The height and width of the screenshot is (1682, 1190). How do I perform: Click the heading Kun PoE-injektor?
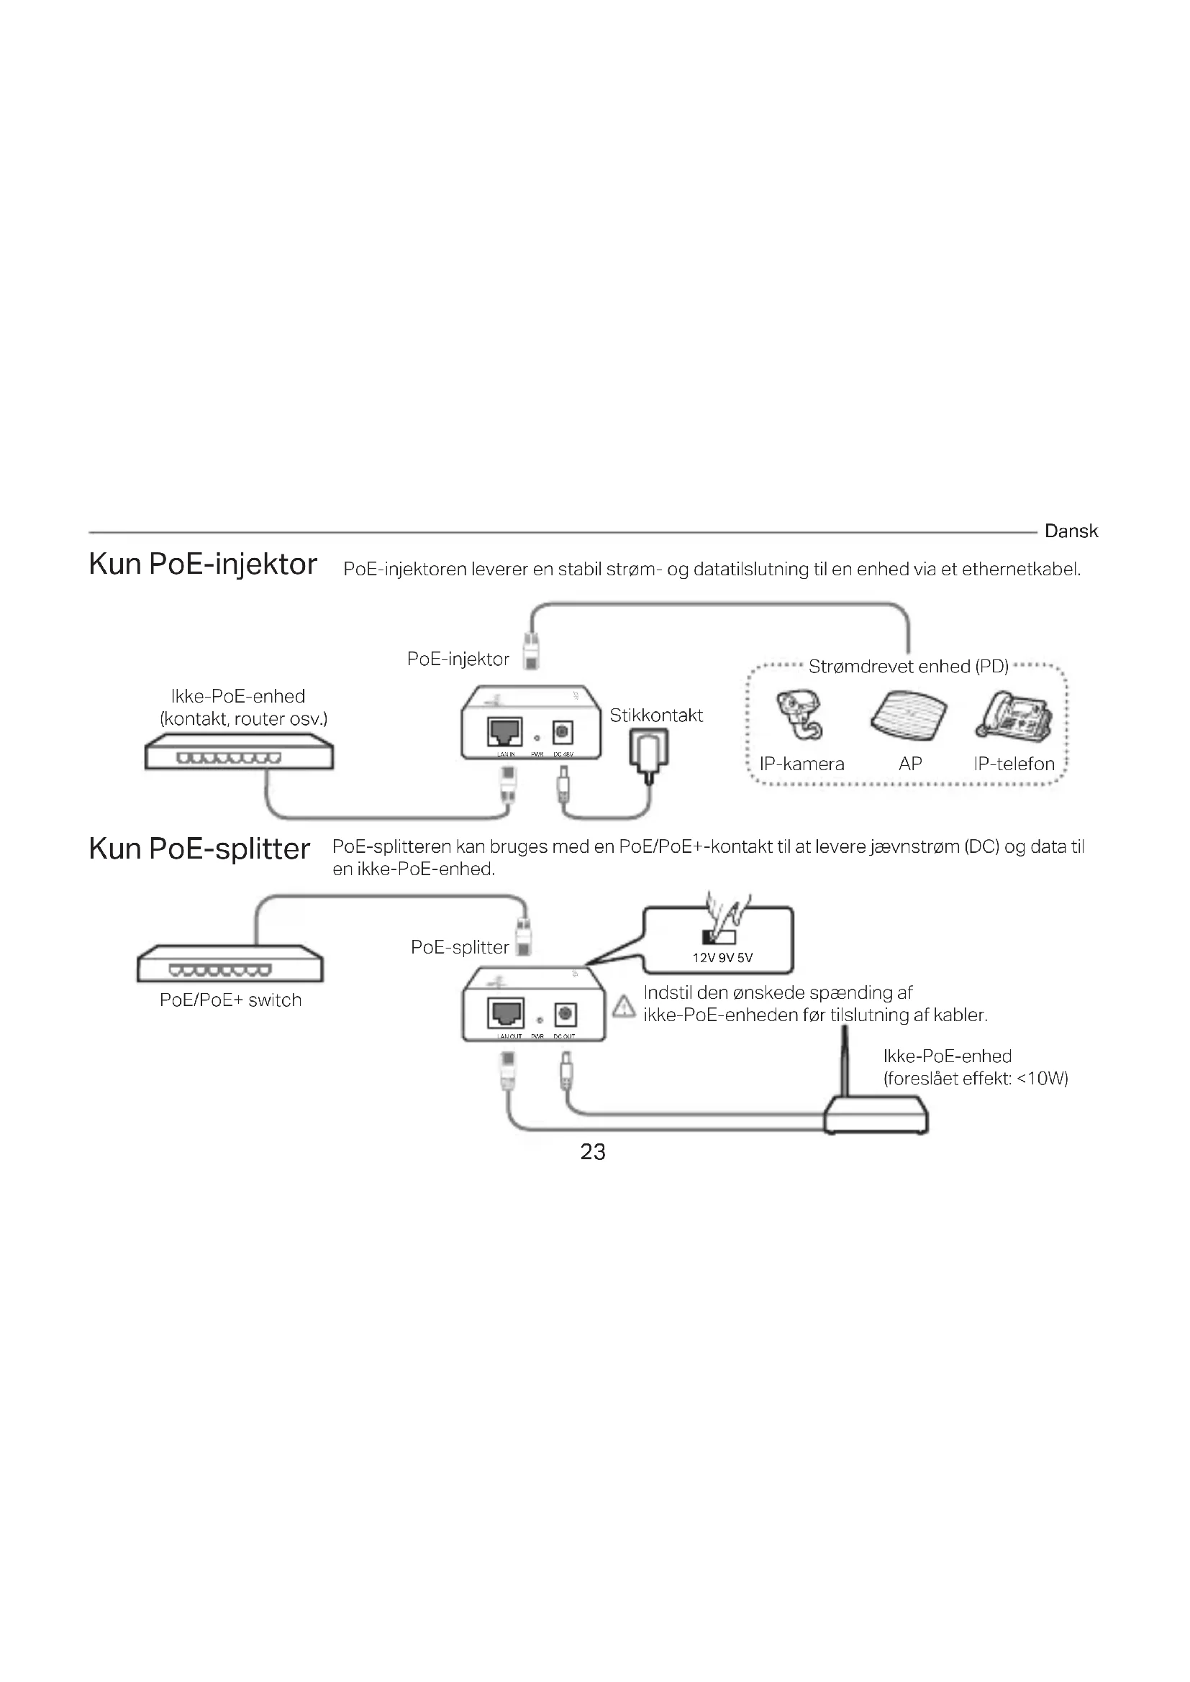pos(202,565)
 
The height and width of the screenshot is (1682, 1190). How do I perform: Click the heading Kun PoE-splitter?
pos(199,849)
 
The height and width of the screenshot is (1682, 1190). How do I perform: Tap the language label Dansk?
pos(1071,531)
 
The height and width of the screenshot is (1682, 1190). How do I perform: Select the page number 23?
pos(593,1151)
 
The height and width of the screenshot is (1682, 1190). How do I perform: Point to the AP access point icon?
pos(909,715)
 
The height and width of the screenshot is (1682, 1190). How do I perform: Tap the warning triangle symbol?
pos(624,1007)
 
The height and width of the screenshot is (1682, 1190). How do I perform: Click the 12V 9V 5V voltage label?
pos(722,958)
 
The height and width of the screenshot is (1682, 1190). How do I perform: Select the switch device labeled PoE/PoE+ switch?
pos(230,964)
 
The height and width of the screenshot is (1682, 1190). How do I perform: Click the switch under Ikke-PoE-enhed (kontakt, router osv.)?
pos(239,751)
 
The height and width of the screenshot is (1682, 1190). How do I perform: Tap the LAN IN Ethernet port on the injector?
pos(505,731)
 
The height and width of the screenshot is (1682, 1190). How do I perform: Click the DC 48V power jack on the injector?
pos(563,732)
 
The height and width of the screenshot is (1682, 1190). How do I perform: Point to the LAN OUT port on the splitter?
pos(506,1013)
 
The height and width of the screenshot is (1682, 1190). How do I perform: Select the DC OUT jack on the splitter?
pos(565,1015)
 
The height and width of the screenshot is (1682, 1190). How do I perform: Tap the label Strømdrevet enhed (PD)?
pos(908,667)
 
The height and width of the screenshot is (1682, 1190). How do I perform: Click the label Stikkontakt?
pos(656,716)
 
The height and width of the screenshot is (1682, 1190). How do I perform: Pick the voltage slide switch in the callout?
pos(719,937)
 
